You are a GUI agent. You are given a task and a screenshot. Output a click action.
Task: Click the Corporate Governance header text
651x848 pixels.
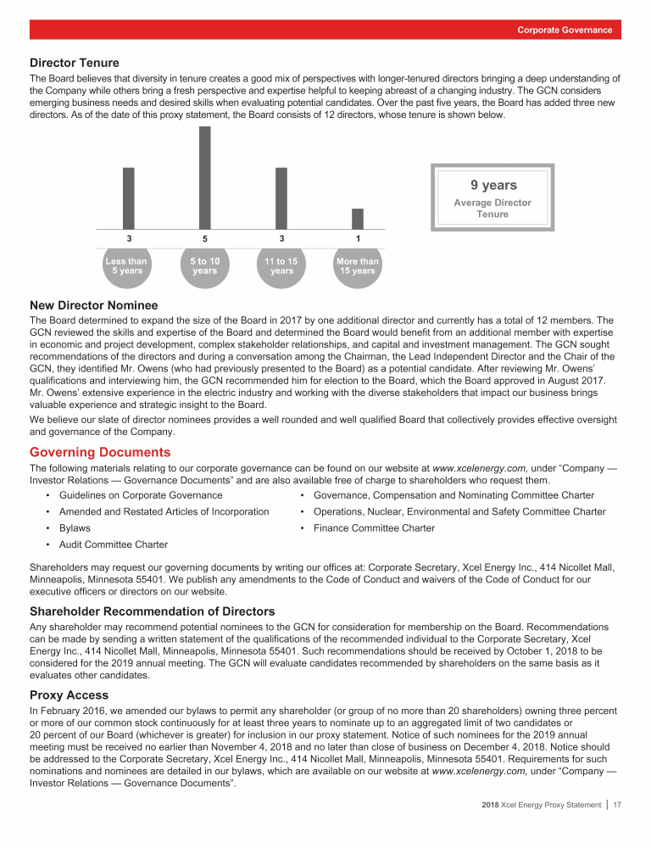click(565, 30)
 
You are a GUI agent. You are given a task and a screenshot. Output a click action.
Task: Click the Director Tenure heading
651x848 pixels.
click(75, 63)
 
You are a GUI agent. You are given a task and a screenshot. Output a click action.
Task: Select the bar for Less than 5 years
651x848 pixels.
click(128, 198)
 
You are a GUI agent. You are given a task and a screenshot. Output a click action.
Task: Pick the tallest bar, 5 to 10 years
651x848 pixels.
click(204, 176)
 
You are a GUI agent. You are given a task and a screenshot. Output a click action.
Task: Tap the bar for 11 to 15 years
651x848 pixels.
click(281, 198)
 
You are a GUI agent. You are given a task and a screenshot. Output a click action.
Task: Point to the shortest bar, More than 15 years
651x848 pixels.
click(358, 218)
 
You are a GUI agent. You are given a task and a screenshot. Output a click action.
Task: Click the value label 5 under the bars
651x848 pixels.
click(205, 239)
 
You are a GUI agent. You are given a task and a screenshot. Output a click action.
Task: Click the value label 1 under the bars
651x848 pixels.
click(358, 238)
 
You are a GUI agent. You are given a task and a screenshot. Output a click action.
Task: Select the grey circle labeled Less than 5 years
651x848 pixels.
click(125, 266)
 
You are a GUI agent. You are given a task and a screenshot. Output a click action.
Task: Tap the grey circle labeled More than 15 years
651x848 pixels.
click(358, 266)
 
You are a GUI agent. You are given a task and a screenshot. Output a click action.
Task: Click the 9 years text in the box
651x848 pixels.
click(493, 185)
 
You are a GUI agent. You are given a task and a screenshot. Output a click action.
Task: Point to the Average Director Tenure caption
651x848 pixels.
click(492, 209)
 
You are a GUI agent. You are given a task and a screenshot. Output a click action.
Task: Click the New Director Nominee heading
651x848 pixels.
click(93, 305)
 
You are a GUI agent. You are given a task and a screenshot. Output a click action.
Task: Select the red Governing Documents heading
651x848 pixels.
click(100, 452)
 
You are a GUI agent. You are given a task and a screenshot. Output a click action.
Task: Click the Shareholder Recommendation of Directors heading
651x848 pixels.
click(152, 611)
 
